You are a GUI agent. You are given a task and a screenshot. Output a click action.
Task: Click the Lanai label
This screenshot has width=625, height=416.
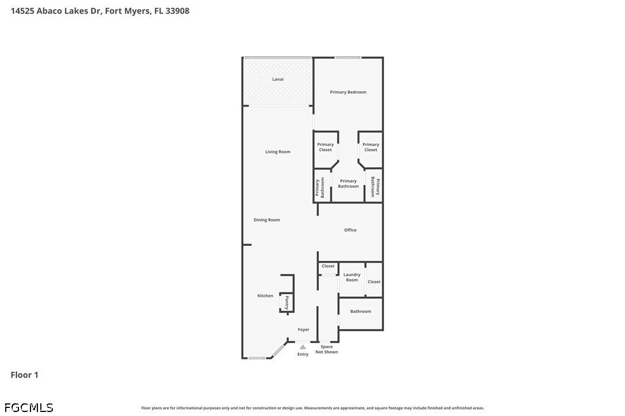pyautogui.click(x=278, y=79)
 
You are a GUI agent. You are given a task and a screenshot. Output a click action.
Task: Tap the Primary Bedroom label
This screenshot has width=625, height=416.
pyautogui.click(x=348, y=92)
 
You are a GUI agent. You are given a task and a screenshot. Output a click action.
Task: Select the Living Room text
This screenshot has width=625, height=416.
pyautogui.click(x=278, y=152)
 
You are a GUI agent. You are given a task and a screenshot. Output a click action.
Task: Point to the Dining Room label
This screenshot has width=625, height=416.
pyautogui.click(x=267, y=220)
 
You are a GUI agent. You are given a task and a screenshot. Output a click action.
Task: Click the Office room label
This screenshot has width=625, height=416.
pyautogui.click(x=350, y=230)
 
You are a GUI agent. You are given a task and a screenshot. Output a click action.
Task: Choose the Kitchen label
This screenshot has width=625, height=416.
pyautogui.click(x=265, y=296)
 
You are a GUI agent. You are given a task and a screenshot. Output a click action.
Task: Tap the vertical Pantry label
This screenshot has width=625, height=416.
pyautogui.click(x=287, y=302)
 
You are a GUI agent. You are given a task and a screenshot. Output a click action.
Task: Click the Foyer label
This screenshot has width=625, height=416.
pyautogui.click(x=303, y=330)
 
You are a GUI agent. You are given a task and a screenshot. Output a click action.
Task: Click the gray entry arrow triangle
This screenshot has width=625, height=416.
pyautogui.click(x=303, y=347)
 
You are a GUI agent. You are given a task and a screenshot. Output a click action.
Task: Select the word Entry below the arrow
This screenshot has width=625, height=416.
pyautogui.click(x=303, y=355)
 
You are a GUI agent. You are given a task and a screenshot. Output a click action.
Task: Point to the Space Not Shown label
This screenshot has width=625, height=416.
pyautogui.click(x=326, y=349)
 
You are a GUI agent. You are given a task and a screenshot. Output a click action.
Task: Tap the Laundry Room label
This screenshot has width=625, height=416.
pyautogui.click(x=352, y=278)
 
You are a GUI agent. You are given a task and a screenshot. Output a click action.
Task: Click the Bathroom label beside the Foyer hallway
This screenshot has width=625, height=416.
pyautogui.click(x=361, y=311)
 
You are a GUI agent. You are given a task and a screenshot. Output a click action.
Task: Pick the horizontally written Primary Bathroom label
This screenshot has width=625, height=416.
pyautogui.click(x=348, y=184)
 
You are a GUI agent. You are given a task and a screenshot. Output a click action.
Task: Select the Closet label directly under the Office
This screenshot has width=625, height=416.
pyautogui.click(x=328, y=266)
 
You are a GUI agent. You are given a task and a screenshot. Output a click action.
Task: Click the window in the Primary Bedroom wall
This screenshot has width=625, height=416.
pyautogui.click(x=348, y=57)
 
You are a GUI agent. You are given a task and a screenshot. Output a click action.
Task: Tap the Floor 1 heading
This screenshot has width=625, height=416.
pyautogui.click(x=25, y=375)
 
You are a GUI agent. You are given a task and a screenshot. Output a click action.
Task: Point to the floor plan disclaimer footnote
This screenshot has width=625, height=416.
pyautogui.click(x=312, y=408)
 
